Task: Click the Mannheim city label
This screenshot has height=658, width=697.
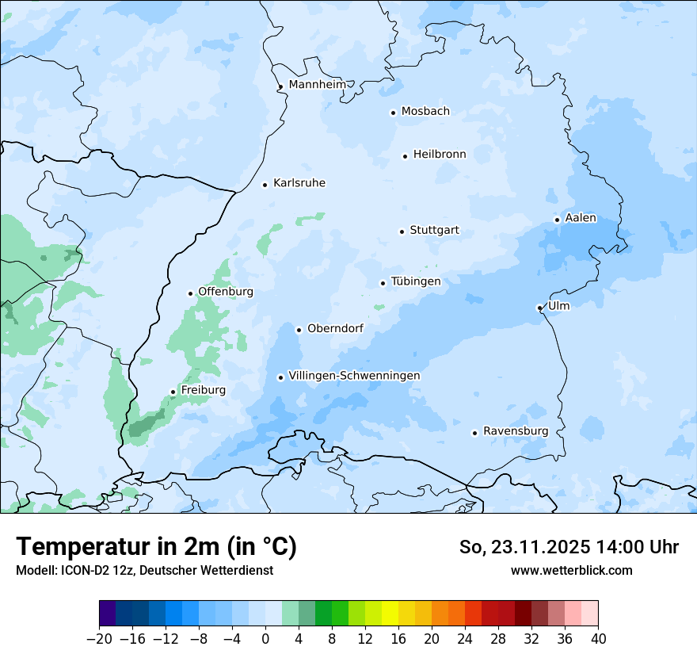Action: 318,85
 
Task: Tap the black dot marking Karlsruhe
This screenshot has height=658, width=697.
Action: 265,185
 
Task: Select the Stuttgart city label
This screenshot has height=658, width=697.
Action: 434,231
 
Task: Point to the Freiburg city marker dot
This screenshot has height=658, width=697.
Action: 173,392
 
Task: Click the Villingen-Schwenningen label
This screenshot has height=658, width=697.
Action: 354,376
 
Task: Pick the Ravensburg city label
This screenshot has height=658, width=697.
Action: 516,431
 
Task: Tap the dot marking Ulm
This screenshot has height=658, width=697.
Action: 539,308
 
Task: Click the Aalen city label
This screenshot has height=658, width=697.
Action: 581,218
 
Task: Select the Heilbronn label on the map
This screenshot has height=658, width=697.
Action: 440,155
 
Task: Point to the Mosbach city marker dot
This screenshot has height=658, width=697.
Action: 393,113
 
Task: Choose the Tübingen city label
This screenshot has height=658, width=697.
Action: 416,281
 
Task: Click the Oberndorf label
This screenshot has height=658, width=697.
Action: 335,328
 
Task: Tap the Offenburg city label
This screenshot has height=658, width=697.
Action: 226,292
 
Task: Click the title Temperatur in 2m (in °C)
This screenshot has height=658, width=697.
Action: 156,547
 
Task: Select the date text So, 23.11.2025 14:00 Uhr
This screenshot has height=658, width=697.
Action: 569,548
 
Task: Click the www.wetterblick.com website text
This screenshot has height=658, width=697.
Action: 571,570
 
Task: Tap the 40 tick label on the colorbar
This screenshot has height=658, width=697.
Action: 598,639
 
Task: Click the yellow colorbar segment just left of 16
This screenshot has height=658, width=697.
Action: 390,614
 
